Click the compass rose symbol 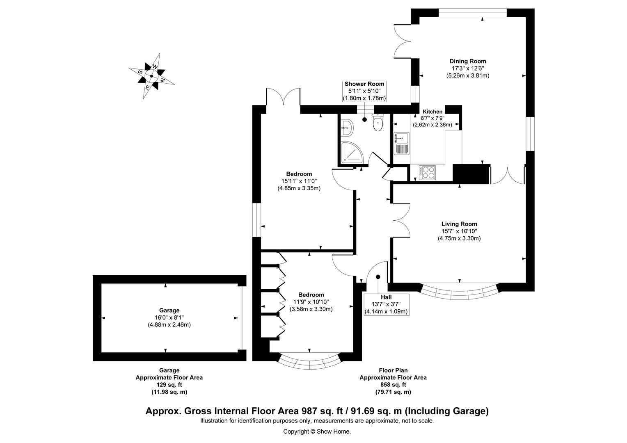point(151,76)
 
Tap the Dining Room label point(467,62)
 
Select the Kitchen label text point(432,112)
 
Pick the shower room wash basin point(346,128)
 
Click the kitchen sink point(401,144)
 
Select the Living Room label point(459,224)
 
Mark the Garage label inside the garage point(169,311)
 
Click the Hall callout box point(386,304)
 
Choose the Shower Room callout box point(364,91)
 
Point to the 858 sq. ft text point(393,385)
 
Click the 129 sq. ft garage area point(169,385)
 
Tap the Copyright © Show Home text point(317,432)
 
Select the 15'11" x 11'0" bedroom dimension point(299,181)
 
